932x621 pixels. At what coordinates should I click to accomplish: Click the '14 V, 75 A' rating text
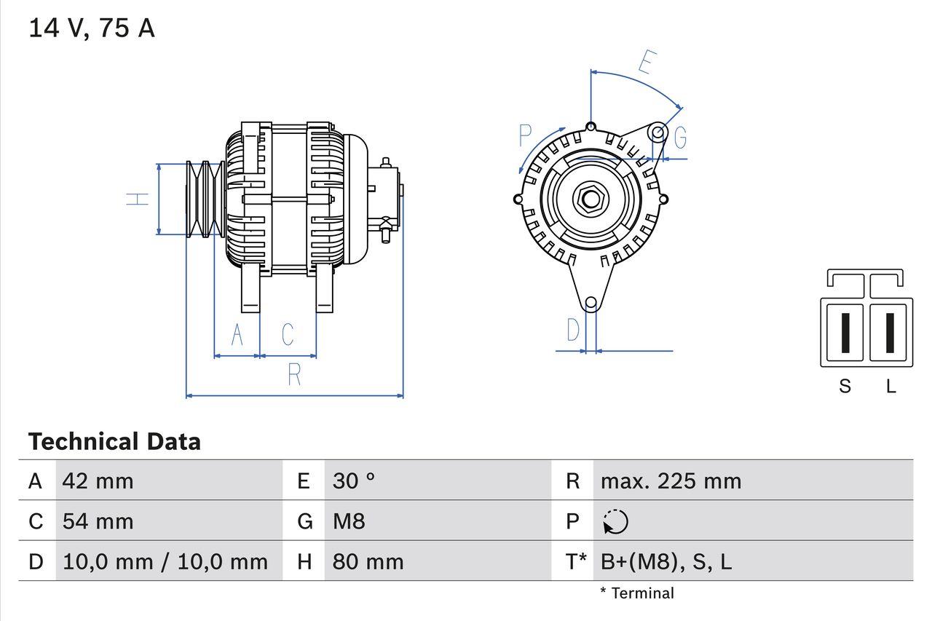(x=92, y=28)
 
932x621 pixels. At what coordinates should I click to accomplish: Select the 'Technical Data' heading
(x=114, y=442)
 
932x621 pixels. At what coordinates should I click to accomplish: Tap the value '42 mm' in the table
(x=98, y=481)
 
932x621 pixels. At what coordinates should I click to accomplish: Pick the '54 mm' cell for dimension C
(x=98, y=521)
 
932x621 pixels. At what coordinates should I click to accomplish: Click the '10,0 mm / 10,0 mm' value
(x=165, y=561)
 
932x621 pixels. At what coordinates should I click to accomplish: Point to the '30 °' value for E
(x=354, y=481)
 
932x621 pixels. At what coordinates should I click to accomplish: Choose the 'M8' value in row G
(x=349, y=521)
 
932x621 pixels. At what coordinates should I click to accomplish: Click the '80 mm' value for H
(x=368, y=561)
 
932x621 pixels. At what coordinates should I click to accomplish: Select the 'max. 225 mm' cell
(x=671, y=481)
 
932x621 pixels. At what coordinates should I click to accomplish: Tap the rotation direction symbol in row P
(x=615, y=521)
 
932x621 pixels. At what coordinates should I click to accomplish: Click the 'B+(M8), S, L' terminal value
(x=666, y=561)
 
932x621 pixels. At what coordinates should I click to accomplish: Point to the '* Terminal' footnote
(x=637, y=593)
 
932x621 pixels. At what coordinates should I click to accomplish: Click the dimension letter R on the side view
(x=294, y=375)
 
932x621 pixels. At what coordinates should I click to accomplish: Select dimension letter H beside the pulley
(x=138, y=199)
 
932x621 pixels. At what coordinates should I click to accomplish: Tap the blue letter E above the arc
(x=645, y=63)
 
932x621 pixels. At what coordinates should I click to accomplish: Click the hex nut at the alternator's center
(x=590, y=199)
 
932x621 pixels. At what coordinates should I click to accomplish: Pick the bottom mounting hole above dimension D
(x=591, y=302)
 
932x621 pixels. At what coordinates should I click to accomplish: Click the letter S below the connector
(x=845, y=387)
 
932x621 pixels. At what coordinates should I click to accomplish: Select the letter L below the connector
(x=890, y=387)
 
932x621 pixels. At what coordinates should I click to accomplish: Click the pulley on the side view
(x=204, y=199)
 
